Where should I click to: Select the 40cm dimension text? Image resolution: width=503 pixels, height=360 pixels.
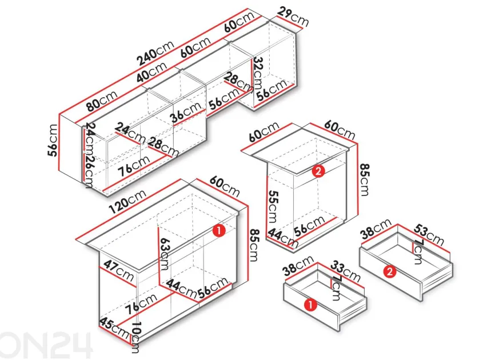[x=151, y=71]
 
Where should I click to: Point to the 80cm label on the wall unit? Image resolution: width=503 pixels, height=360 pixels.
[x=102, y=101]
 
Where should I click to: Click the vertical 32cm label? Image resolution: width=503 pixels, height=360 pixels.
[x=257, y=73]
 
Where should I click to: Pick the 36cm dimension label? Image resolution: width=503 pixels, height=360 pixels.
[x=186, y=112]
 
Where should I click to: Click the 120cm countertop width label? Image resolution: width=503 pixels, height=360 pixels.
[x=127, y=201]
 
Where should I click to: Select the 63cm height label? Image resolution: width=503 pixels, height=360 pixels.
[x=165, y=254]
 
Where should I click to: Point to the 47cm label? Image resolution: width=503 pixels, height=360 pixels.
[x=118, y=271]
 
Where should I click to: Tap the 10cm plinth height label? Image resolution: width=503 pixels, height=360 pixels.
[x=135, y=337]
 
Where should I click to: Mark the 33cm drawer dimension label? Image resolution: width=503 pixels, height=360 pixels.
[x=345, y=271]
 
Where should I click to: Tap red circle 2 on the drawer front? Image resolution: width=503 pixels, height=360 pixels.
[x=390, y=272]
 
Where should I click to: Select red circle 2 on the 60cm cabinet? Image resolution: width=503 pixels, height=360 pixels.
[x=318, y=171]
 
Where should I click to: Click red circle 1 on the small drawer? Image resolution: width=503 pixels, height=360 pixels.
[x=310, y=305]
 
